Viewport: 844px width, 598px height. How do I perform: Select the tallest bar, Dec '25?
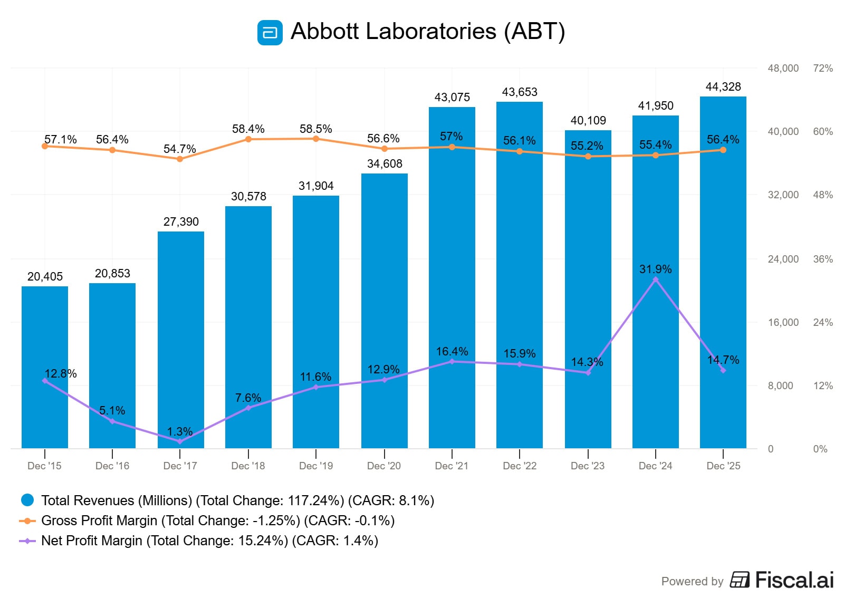(723, 274)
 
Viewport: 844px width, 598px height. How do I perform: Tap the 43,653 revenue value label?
(520, 92)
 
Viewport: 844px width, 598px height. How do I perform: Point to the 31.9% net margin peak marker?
(655, 280)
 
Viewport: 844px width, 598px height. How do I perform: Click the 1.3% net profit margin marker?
(180, 441)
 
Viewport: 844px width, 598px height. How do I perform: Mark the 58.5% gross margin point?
(316, 139)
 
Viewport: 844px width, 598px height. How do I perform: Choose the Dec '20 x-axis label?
(383, 466)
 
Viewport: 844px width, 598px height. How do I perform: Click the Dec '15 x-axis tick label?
(44, 466)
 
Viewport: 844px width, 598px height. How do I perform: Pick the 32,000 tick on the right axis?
(783, 195)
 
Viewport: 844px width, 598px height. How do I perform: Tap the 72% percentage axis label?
(822, 69)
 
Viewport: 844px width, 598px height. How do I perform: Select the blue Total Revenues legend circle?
(27, 500)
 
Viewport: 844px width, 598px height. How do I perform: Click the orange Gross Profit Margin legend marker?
(27, 520)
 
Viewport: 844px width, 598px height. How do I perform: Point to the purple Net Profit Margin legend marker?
(27, 541)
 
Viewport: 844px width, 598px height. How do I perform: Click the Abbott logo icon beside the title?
(270, 33)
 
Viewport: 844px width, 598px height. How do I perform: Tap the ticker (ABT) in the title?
(534, 32)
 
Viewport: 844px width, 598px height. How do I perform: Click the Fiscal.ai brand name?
(794, 580)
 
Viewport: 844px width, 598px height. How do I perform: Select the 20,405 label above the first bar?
(45, 277)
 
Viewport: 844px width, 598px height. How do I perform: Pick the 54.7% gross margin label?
(179, 149)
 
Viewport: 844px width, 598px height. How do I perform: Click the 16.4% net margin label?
(452, 352)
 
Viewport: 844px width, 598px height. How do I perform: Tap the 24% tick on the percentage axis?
(822, 323)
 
